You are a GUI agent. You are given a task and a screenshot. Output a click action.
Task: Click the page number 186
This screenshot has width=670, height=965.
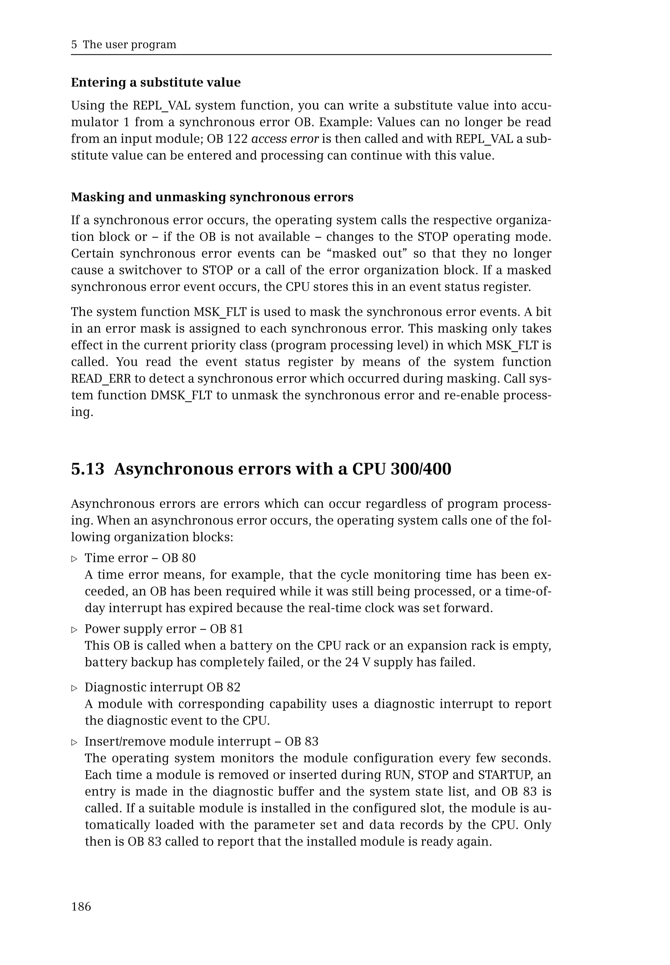click(x=81, y=907)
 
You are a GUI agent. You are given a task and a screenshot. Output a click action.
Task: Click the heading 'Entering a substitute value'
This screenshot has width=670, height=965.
click(x=156, y=82)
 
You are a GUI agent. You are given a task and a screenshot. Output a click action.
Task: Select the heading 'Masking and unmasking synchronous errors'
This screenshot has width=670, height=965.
click(x=212, y=197)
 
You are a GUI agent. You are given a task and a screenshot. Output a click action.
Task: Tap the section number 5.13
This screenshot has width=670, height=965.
click(x=87, y=469)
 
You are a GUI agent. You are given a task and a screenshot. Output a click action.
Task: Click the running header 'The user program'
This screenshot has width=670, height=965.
click(x=129, y=45)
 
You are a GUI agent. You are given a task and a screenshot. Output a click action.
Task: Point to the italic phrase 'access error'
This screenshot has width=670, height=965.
click(x=285, y=139)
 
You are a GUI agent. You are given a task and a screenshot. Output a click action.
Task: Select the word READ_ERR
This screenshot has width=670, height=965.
click(x=101, y=379)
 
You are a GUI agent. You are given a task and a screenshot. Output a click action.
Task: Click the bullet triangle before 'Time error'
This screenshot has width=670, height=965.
click(x=75, y=559)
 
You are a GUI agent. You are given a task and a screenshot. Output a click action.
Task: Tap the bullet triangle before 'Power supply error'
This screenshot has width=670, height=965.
click(x=75, y=630)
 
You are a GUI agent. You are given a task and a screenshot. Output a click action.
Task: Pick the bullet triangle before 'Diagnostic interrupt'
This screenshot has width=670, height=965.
click(x=75, y=688)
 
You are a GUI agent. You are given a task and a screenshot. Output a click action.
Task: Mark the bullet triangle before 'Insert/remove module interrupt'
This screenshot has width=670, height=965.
click(x=75, y=742)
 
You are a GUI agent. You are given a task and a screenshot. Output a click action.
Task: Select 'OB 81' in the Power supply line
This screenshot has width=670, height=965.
click(x=227, y=629)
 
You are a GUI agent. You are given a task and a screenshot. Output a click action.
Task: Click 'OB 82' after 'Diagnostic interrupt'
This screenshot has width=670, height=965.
click(x=224, y=688)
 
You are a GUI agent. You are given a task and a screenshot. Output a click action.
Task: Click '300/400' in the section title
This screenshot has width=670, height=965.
click(x=421, y=469)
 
